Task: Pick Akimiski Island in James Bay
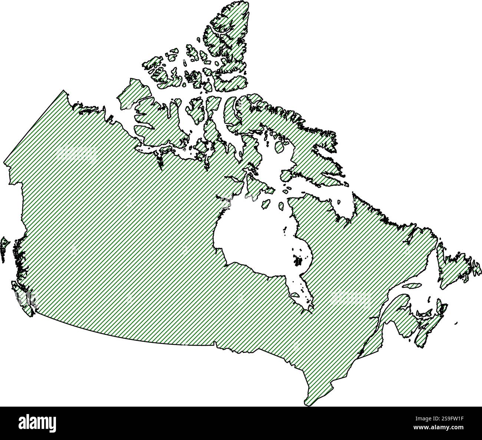[x=295, y=295]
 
